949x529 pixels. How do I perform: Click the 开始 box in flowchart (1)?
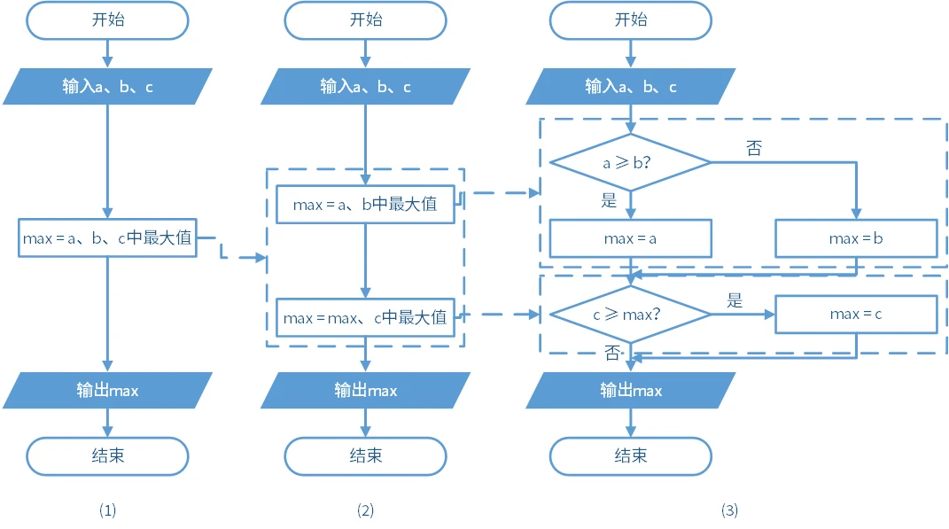107,20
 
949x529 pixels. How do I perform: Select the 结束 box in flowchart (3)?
630,455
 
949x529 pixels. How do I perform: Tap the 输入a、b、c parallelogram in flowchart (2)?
365,87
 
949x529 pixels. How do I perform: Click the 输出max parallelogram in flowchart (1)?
107,390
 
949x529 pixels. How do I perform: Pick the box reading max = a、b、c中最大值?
107,237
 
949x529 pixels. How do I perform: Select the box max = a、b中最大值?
365,204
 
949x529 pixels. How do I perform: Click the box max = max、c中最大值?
365,316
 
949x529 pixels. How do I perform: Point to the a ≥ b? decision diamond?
630,162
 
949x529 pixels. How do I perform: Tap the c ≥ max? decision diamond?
630,314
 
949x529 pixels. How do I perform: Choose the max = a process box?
630,238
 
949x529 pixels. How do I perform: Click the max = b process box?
856,238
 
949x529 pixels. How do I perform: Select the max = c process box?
856,314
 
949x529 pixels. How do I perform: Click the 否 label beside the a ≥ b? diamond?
754,149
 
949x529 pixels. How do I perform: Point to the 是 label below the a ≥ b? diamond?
609,200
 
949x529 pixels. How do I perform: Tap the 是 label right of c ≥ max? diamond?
735,300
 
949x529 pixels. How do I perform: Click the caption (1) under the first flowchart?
107,510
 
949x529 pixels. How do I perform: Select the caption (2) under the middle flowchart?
365,510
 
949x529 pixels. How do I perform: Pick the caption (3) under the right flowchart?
728,510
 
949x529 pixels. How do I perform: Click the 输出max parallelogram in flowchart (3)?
630,390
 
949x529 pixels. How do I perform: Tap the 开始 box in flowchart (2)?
365,20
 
